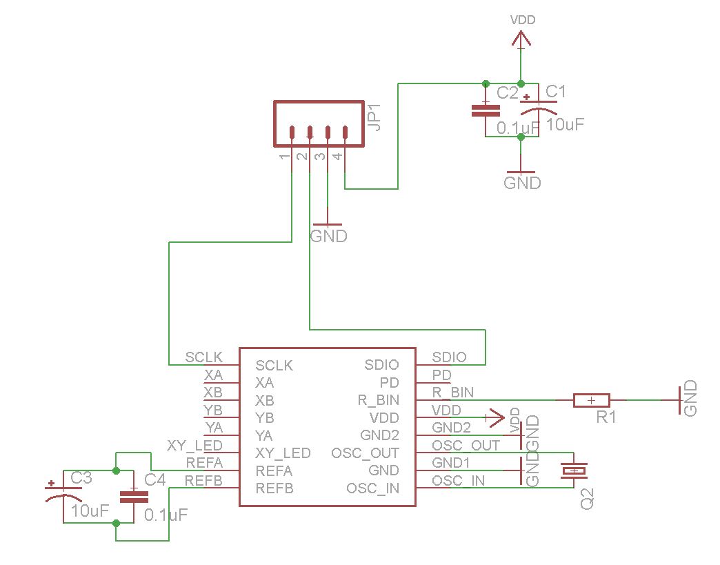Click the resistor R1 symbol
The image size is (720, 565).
[591, 400]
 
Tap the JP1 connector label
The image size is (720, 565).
[374, 117]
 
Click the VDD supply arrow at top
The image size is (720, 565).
[521, 41]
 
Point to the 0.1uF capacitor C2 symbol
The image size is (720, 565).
[486, 110]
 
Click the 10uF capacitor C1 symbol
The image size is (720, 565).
[539, 108]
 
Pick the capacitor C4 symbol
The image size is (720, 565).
[134, 497]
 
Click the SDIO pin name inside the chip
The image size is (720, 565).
[381, 365]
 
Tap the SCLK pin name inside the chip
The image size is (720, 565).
[274, 365]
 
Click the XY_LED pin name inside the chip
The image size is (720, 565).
[283, 453]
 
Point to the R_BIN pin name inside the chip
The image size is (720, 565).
[377, 400]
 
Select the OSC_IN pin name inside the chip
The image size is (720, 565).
[372, 488]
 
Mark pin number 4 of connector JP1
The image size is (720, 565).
[337, 157]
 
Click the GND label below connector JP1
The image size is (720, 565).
[328, 236]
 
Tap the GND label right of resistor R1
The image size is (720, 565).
[690, 399]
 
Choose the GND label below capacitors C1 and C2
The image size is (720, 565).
[522, 183]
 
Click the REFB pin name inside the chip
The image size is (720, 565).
[274, 488]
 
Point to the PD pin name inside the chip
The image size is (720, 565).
[390, 382]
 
